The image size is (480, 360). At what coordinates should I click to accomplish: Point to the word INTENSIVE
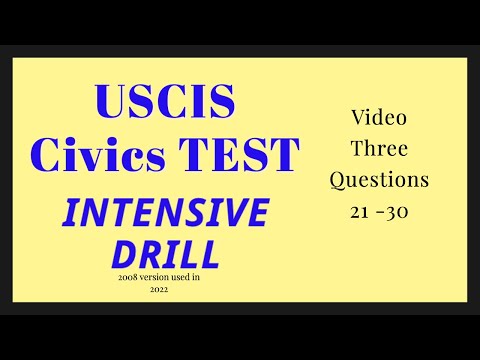(x=166, y=213)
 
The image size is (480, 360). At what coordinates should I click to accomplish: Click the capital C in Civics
(x=47, y=153)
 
